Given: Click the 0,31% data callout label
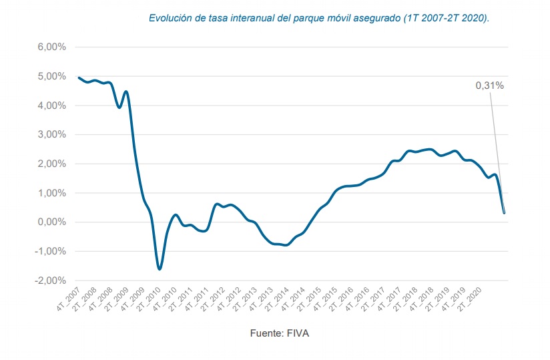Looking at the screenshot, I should [489, 85].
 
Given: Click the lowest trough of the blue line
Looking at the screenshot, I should [160, 268].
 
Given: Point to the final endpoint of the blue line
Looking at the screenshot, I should [504, 213].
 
